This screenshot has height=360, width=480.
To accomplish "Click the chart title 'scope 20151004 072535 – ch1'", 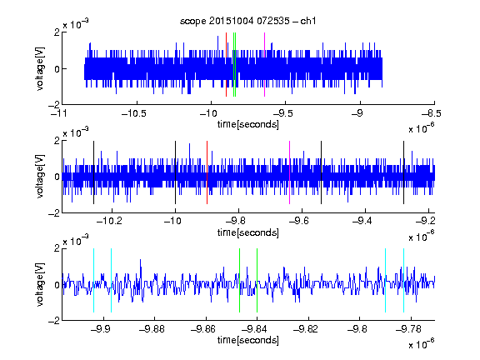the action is coord(248,21).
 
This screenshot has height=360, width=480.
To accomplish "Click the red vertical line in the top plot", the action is coord(226,65).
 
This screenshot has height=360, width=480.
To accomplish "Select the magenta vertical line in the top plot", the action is coord(264,65).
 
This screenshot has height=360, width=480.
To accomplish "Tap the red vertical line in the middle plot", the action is coord(207,172).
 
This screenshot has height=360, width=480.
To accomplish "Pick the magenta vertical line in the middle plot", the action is coord(290,172).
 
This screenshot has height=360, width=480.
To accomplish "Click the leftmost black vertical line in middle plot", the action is coord(93,172).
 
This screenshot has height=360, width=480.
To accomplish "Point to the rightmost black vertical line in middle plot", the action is coord(404,172).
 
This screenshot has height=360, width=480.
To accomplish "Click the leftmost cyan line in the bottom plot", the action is coord(93,280).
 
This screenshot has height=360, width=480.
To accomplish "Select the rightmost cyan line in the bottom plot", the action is coord(404,280).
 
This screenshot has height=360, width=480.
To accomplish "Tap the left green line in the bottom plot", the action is coord(239,280).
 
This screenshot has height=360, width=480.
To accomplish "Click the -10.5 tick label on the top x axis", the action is coord(134,113).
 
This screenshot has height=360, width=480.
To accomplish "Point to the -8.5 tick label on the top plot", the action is coord(431,113).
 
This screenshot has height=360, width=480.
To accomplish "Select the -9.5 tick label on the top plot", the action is coord(282,113).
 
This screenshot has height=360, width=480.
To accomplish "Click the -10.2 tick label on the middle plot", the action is coord(109,220).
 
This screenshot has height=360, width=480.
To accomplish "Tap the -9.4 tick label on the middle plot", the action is coord(362,220).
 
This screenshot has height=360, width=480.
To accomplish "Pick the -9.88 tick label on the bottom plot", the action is coord(152,329).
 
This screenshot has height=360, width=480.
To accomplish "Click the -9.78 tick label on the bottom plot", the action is coord(408,329).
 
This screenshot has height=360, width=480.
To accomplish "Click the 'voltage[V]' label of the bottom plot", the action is coord(40,284).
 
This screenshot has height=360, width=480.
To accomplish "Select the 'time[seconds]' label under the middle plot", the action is coord(248,233).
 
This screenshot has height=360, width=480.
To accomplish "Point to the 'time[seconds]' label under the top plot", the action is coord(248,125).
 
